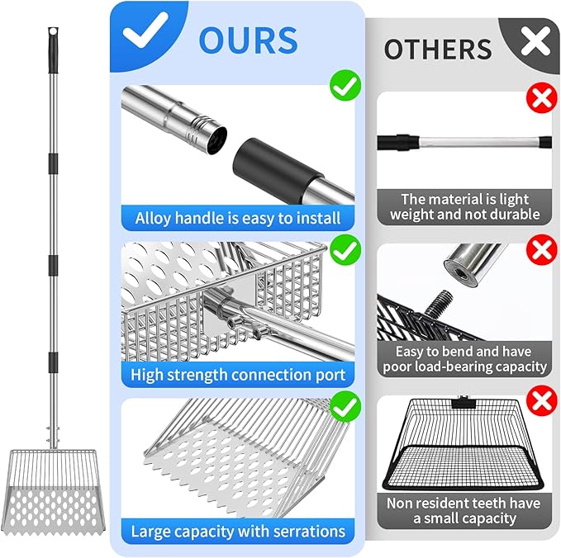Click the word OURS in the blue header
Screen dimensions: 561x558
(x=248, y=40)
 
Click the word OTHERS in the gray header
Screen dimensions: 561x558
(x=438, y=50)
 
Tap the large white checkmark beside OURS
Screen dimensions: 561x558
(x=145, y=30)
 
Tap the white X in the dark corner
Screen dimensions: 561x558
(x=535, y=41)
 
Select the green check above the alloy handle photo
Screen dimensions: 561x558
(x=345, y=85)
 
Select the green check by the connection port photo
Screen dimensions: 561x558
(x=345, y=250)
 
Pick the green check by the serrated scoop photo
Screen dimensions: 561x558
(x=345, y=406)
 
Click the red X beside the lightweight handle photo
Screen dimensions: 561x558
(x=542, y=97)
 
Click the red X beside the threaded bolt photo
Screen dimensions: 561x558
(x=542, y=250)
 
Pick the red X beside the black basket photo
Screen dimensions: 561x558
(x=542, y=400)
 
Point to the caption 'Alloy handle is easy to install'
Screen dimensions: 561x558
(x=238, y=218)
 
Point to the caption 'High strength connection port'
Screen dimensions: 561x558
(x=238, y=375)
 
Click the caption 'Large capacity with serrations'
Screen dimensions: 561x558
(x=238, y=532)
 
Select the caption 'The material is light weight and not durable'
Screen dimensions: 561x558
(x=465, y=206)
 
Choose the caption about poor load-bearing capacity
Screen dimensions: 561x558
(x=465, y=359)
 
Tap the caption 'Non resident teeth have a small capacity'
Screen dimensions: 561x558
(x=464, y=510)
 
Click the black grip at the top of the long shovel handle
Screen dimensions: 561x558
(x=53, y=50)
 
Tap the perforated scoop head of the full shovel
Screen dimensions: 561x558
(x=54, y=493)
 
